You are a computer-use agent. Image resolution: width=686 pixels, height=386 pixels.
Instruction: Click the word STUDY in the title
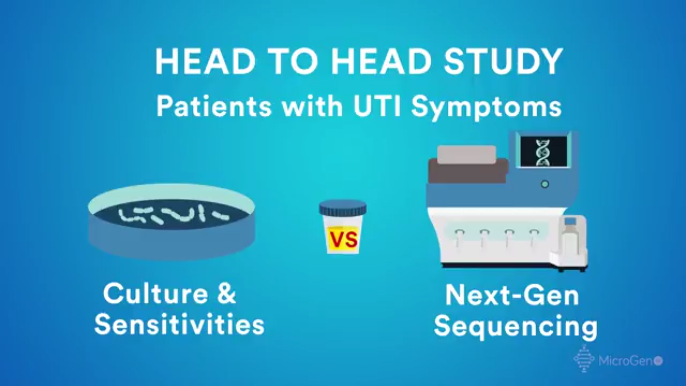503,61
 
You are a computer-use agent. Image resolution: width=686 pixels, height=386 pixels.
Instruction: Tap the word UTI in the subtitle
377,106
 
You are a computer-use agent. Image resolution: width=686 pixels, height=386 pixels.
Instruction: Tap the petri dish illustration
171,221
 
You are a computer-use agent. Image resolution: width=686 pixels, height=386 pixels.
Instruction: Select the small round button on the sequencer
545,184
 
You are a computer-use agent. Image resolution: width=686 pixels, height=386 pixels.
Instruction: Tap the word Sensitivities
179,324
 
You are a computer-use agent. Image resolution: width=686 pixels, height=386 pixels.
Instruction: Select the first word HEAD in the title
205,61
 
